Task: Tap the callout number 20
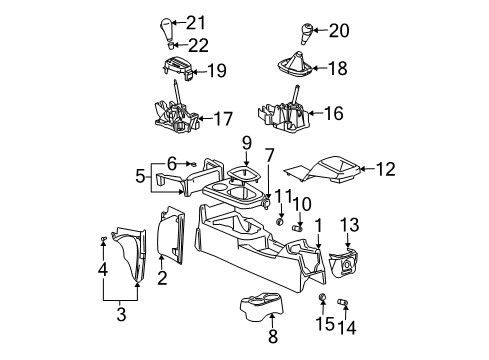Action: tap(339, 30)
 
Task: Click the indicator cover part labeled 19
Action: tap(175, 71)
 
